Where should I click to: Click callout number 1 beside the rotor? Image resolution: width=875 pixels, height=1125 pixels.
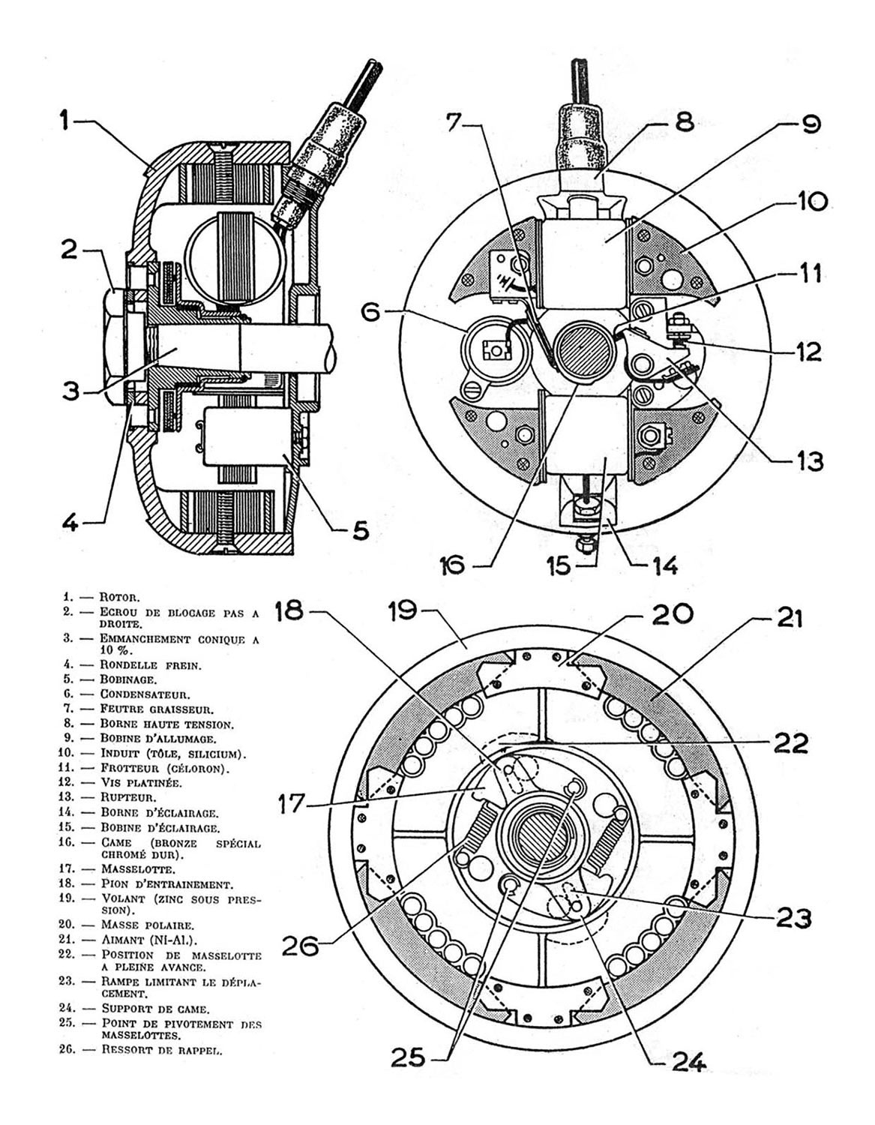[66, 121]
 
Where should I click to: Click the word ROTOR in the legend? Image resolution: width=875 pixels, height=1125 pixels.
[119, 597]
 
